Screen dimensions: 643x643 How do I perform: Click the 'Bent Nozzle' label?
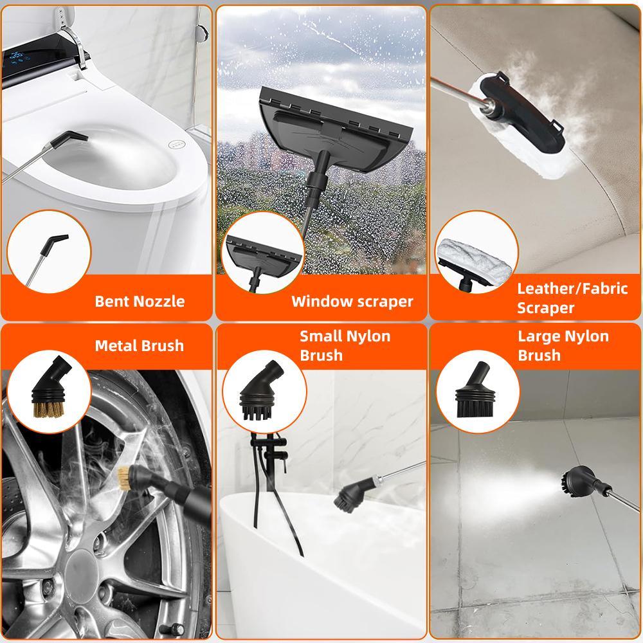[x=140, y=301]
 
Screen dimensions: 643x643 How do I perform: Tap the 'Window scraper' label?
[x=352, y=301]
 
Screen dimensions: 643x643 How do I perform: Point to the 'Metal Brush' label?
[x=139, y=345]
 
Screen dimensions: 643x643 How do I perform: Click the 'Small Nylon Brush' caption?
[x=345, y=345]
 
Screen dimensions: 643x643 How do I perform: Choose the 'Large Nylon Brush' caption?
[x=563, y=345]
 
